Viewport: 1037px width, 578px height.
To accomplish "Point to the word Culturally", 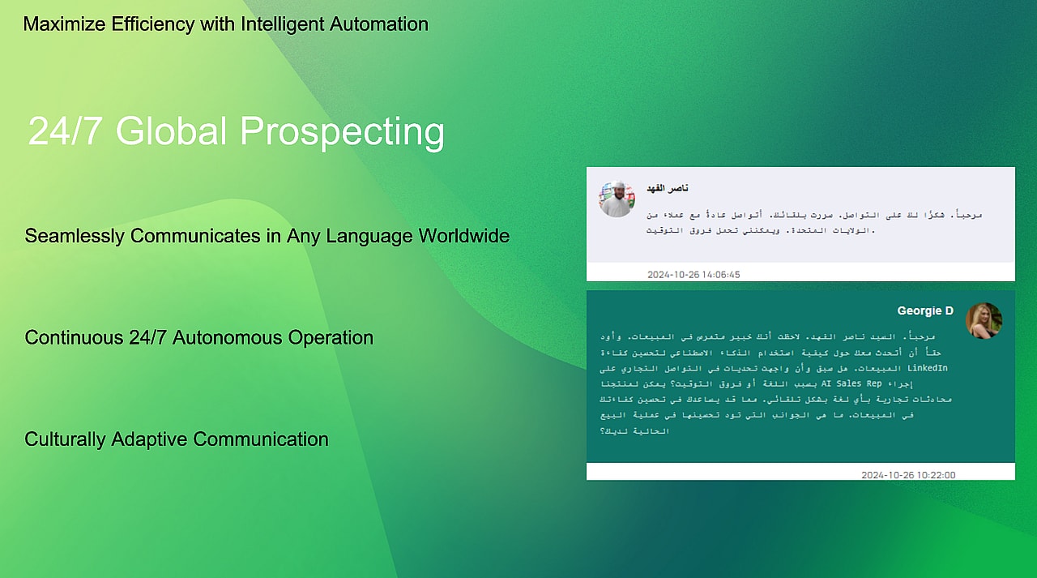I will click(x=65, y=439).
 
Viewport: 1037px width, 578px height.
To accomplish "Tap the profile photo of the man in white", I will click(x=617, y=199).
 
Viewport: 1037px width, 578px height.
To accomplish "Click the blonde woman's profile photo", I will click(x=984, y=321).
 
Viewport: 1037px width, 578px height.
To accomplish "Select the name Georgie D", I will click(x=925, y=310).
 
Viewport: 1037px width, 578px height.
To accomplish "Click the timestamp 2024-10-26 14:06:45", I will click(x=693, y=275).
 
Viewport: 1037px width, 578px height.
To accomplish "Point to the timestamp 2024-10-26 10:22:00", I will click(x=908, y=475).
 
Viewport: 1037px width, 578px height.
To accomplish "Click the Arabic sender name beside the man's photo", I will click(x=668, y=188).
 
